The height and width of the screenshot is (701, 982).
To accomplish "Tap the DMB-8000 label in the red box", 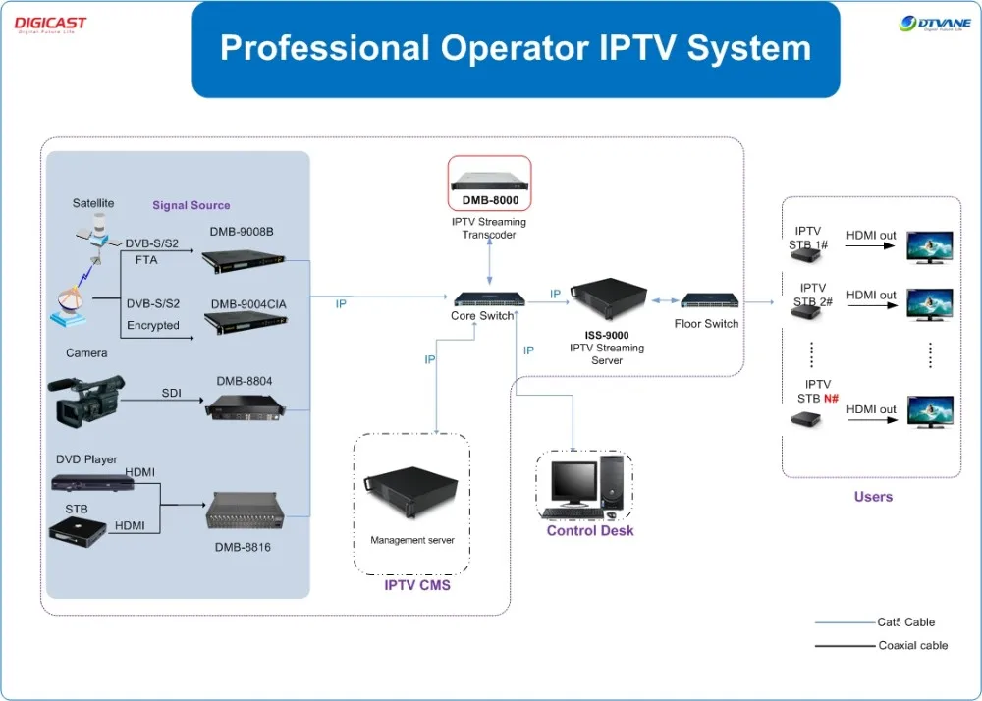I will click(x=490, y=200).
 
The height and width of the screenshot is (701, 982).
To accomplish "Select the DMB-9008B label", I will click(x=242, y=232).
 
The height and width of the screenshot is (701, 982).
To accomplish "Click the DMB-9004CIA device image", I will click(x=245, y=324).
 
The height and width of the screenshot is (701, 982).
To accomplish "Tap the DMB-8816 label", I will click(x=243, y=547).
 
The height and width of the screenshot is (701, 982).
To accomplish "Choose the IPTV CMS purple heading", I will click(x=417, y=585).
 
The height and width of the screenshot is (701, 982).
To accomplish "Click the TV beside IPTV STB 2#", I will click(x=928, y=300).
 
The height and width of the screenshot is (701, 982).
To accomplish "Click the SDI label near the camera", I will click(x=172, y=393).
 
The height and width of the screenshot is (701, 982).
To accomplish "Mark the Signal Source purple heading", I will click(x=191, y=205).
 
